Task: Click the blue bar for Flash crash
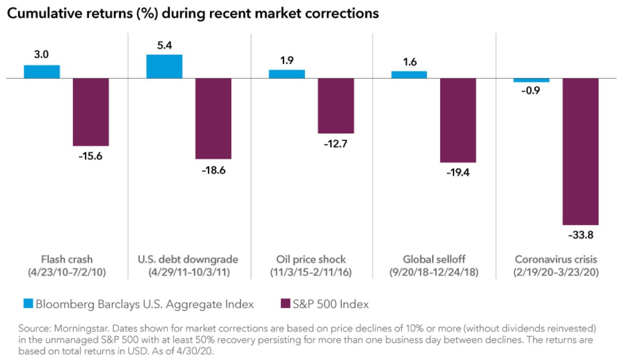coord(42,72)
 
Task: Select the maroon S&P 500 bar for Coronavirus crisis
coord(580,151)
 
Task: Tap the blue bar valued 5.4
coord(164,66)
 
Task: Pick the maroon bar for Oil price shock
coord(336,106)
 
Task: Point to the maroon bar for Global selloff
coord(458,120)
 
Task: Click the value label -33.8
coord(580,236)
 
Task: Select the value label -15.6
coord(90,156)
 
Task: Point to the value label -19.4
coord(458,173)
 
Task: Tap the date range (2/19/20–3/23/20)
coord(556,272)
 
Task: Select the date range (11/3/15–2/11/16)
coord(311,272)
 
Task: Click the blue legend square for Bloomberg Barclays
coord(29,305)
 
